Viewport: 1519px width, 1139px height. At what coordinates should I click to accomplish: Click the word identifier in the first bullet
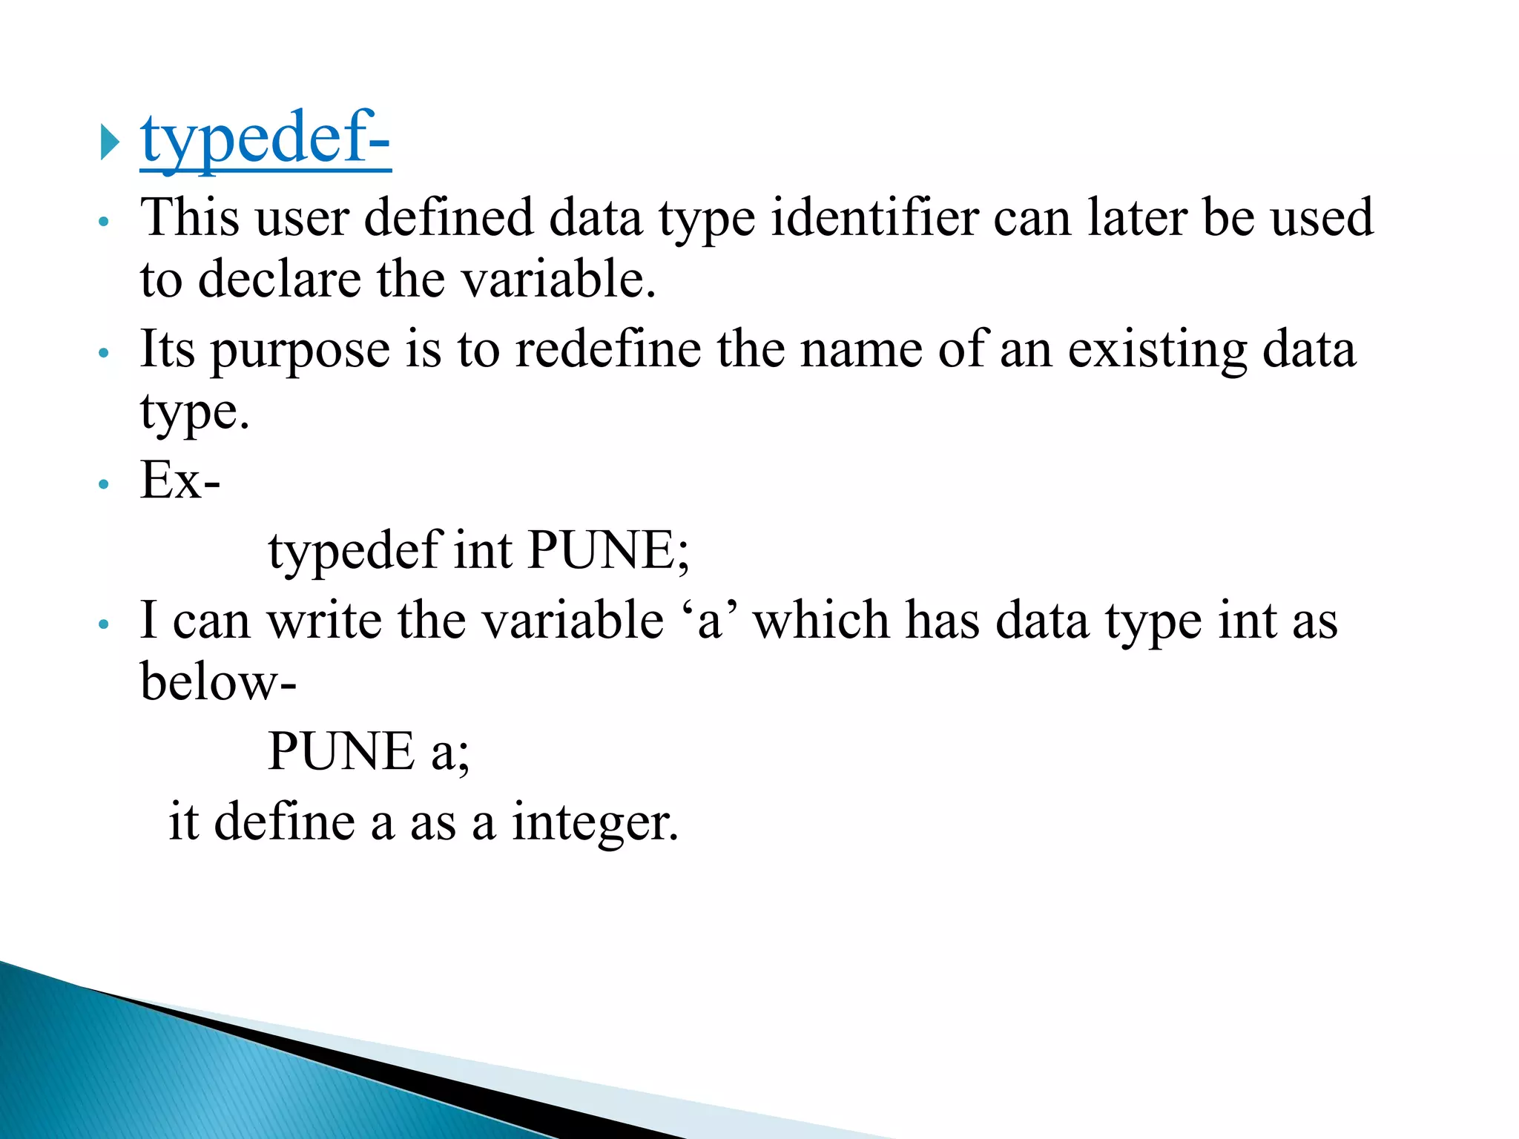(x=874, y=218)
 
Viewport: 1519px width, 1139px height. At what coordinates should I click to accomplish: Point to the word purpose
(x=300, y=350)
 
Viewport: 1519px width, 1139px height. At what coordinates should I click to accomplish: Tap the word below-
(x=218, y=681)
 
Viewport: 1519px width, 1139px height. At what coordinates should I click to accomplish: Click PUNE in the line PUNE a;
(x=340, y=751)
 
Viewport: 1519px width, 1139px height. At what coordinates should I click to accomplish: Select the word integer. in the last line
(x=595, y=822)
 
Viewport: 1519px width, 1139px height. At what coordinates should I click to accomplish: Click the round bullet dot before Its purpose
(x=104, y=353)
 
